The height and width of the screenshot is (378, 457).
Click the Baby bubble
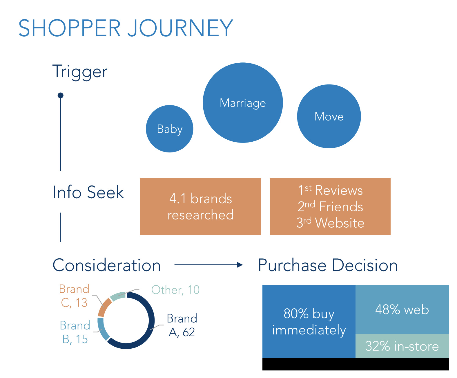click(169, 129)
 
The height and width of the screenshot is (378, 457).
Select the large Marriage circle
click(243, 103)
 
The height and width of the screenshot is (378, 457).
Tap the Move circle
click(329, 116)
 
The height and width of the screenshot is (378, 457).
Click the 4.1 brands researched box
click(200, 206)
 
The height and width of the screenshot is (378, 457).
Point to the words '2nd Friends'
click(330, 207)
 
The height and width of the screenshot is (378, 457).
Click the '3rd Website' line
click(330, 223)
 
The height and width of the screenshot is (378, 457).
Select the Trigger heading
click(80, 71)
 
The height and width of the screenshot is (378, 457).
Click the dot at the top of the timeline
click(61, 95)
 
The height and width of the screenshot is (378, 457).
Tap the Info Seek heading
click(88, 192)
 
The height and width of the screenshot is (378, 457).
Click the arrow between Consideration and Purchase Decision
click(208, 265)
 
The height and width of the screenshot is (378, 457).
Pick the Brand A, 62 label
click(182, 325)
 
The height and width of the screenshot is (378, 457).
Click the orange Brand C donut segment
click(104, 307)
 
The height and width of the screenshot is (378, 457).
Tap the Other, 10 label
click(175, 290)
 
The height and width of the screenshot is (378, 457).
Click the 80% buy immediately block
click(309, 321)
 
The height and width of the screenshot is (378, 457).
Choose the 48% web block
click(402, 309)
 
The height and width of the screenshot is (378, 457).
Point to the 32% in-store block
click(402, 346)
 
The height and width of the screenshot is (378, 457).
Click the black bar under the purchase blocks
click(355, 364)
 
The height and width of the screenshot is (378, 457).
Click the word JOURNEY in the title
click(180, 28)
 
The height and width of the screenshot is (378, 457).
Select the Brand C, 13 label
click(74, 296)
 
